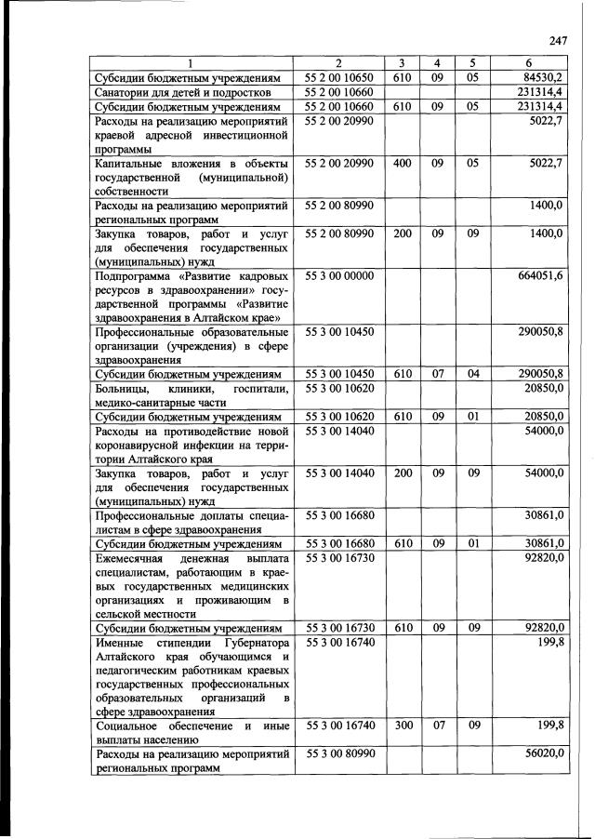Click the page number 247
558,39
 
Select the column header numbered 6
528,63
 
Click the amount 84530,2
543,78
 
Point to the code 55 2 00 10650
338,78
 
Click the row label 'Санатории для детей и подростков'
182,93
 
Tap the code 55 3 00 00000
338,275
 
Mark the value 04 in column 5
473,373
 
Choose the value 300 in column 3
403,724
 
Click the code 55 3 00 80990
338,753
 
